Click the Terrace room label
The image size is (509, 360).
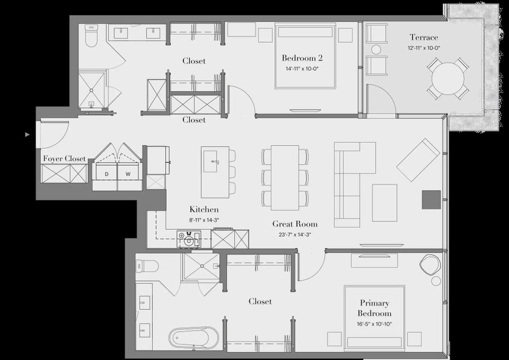[x=424, y=37]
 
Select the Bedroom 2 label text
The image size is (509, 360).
[x=302, y=58]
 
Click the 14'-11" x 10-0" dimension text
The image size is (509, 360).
[x=302, y=68]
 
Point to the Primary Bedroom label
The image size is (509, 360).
[x=375, y=308]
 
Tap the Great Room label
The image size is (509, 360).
[x=292, y=224]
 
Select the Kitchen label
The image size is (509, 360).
[x=203, y=209]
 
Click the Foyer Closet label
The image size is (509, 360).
[x=64, y=158]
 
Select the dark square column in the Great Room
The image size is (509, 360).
[x=431, y=199]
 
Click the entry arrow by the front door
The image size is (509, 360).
[x=27, y=135]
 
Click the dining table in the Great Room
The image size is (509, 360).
[x=285, y=177]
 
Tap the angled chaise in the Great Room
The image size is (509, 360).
[x=418, y=159]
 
